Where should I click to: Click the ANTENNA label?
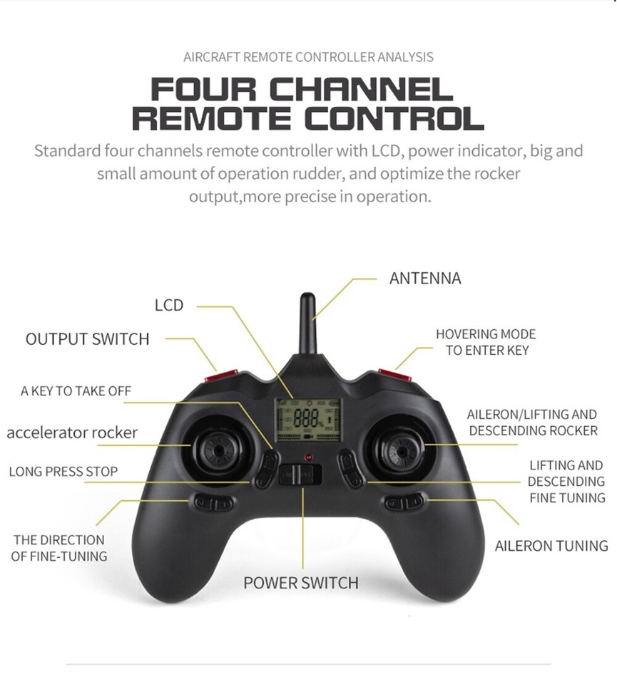(425, 278)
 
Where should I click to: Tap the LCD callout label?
(169, 305)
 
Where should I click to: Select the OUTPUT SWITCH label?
(88, 339)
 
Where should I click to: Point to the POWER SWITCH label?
(301, 583)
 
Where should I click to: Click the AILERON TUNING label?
(551, 546)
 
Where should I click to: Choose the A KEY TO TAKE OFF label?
(76, 391)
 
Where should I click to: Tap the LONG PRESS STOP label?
(63, 472)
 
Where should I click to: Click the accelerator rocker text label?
(72, 432)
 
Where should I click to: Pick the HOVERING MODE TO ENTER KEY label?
(486, 342)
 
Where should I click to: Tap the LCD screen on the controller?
(308, 418)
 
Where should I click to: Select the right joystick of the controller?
(400, 450)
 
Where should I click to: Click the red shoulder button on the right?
(394, 373)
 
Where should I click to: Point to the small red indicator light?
(308, 455)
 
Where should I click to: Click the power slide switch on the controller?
(300, 474)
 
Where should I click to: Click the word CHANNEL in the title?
(364, 90)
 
